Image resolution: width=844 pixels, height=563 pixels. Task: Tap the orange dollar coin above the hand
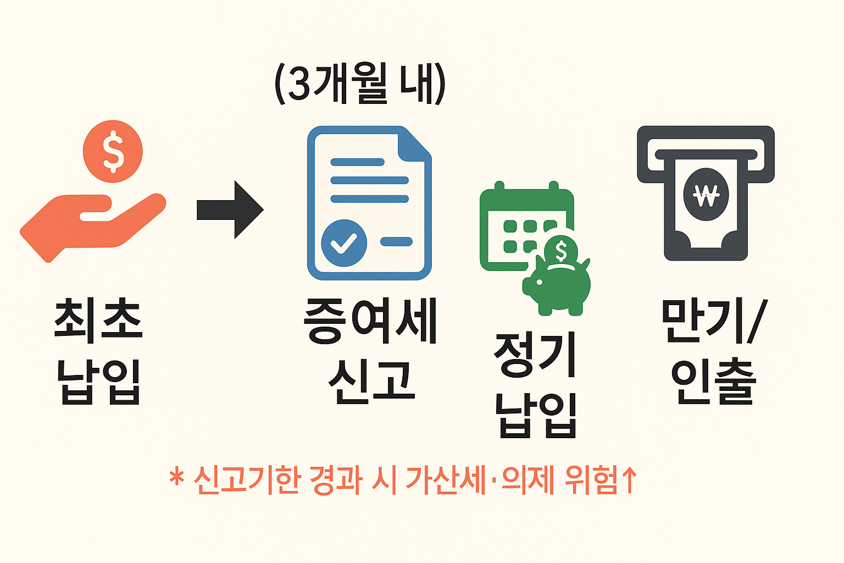113,151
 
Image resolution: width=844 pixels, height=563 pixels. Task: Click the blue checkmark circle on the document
344,243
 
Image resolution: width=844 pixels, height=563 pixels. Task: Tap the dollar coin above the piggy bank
561,251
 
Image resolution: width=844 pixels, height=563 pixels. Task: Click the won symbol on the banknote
706,194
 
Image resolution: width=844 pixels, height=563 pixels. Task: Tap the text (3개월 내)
360,84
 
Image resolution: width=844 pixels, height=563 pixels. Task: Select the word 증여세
370,321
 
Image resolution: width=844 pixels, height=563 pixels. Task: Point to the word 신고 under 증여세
370,380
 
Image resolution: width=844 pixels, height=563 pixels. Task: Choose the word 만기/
713,321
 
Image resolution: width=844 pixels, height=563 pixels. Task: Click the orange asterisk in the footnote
176,477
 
